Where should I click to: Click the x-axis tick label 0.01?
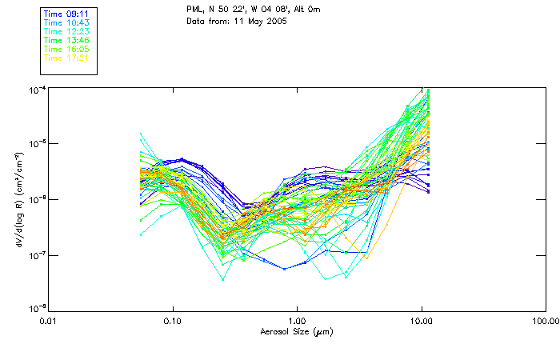49,322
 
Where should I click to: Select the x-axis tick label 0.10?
173,322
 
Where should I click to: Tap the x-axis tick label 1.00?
297,322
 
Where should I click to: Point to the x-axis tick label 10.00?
421,322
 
